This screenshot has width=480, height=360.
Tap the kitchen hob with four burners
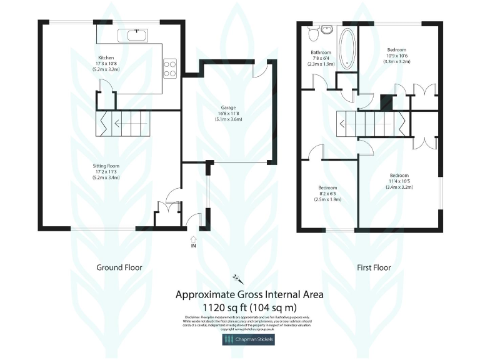point(169,67)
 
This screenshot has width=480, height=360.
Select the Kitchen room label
point(107,57)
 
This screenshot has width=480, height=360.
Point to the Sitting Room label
point(106,166)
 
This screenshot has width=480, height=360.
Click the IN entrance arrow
point(193,241)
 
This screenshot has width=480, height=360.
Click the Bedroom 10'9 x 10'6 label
point(396,50)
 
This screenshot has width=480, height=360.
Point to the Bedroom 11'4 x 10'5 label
point(399,176)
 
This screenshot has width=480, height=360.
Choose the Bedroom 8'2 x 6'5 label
point(327,188)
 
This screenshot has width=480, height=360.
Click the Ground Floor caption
point(119,267)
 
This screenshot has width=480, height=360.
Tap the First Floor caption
point(374,267)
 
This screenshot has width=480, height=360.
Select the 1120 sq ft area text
point(249,307)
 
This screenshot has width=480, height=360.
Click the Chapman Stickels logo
point(249,339)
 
